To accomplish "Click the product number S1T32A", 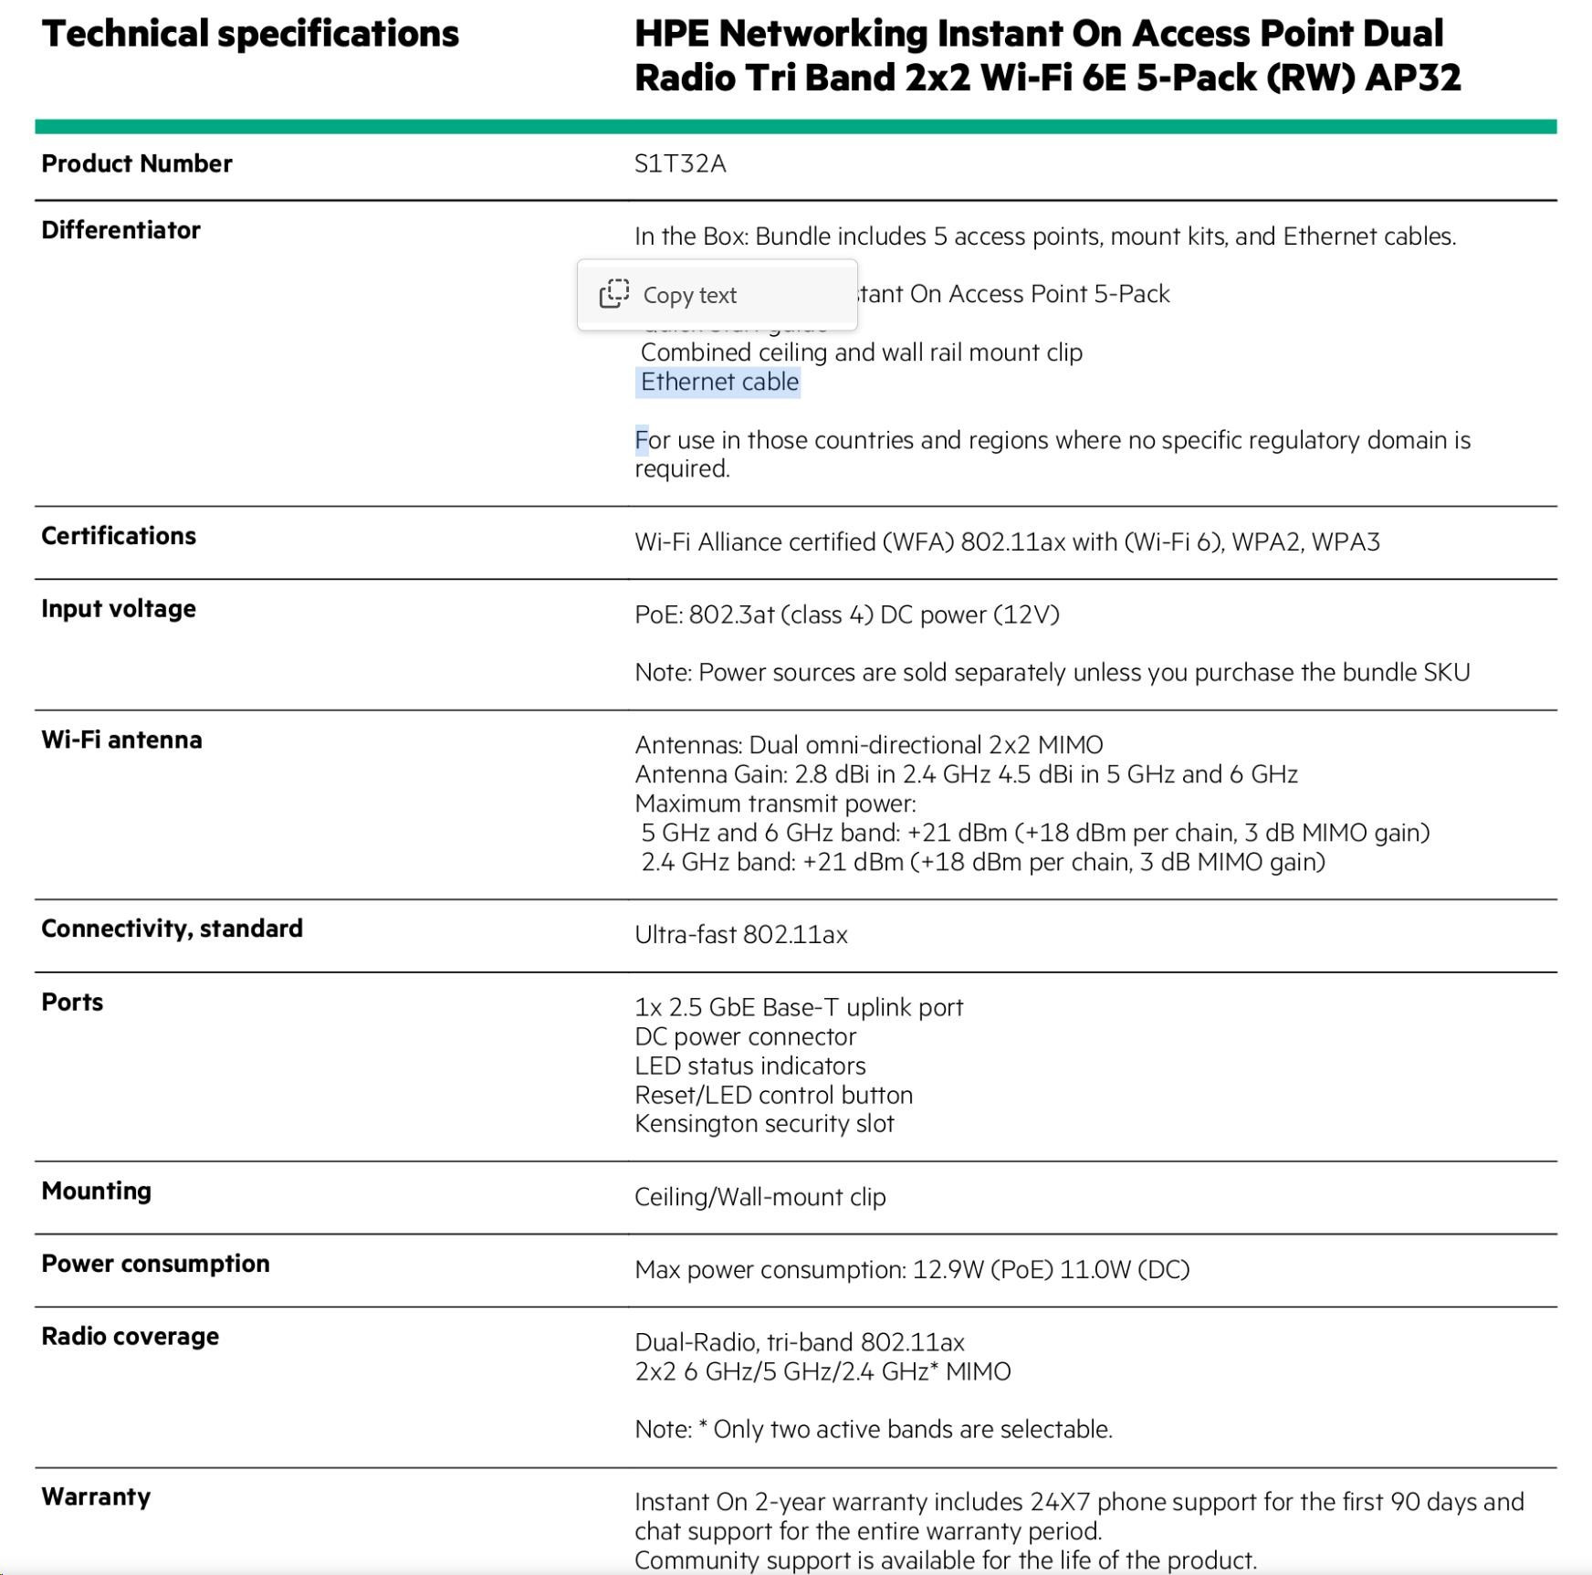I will [x=680, y=164].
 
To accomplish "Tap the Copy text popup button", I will [x=717, y=295].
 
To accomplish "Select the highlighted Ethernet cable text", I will [x=718, y=382].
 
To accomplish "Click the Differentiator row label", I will [x=120, y=230].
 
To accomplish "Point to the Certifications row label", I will [x=119, y=536].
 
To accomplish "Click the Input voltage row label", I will [x=119, y=609].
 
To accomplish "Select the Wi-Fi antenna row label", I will [x=121, y=740].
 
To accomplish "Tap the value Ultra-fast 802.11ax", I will [x=740, y=935].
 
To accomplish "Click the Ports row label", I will [x=72, y=1003].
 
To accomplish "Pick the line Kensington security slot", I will [x=764, y=1124].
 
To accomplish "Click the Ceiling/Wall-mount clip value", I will [x=759, y=1197].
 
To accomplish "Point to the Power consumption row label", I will [x=155, y=1264].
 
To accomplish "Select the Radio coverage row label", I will [x=130, y=1337].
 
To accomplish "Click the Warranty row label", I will [x=96, y=1497].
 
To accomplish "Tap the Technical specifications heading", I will [x=250, y=35].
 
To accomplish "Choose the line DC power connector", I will [x=745, y=1037].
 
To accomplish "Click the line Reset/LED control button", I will [x=773, y=1095].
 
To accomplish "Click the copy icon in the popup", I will [x=614, y=294].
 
